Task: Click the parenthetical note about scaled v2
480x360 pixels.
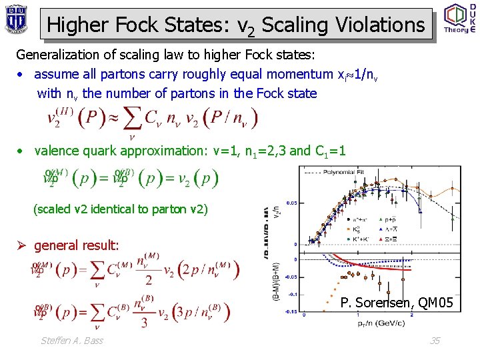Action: [120, 209]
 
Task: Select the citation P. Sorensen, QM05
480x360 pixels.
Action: [397, 304]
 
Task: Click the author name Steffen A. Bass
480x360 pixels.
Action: [71, 341]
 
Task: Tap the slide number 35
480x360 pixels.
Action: [435, 341]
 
